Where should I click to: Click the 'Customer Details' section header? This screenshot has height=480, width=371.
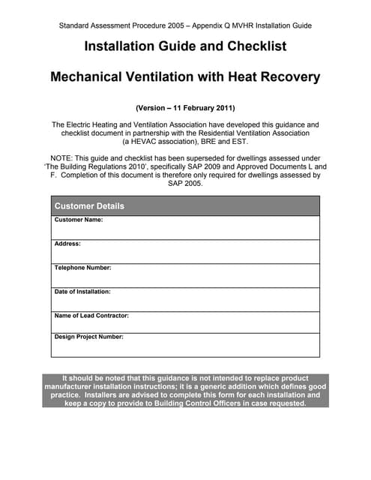89,206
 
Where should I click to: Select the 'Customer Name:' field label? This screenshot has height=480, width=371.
79,220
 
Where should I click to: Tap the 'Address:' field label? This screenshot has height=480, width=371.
67,244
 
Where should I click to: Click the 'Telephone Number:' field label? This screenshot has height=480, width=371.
83,268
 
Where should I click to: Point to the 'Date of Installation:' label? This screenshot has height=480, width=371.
82,292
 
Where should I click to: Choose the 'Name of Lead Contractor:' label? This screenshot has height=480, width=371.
91,316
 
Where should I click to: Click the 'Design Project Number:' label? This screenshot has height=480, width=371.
89,337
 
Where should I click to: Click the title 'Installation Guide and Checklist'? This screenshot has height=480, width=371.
185,46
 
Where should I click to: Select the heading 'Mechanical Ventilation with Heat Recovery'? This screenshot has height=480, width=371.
185,76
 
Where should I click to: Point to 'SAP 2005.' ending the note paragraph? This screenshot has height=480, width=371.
185,183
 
